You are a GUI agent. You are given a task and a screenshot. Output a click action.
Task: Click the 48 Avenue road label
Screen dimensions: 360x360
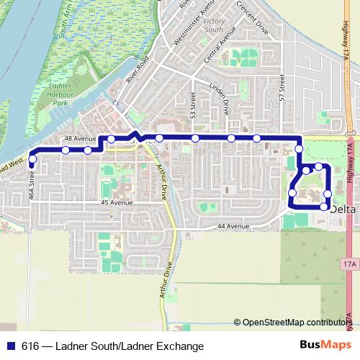[x=79, y=138]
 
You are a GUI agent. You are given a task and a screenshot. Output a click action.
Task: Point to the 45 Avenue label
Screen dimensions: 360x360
[x=114, y=204]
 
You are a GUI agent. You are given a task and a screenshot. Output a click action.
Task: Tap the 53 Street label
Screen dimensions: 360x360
[x=193, y=105]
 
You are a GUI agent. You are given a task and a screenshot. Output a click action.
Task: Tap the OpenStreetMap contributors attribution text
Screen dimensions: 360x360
[x=295, y=323]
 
